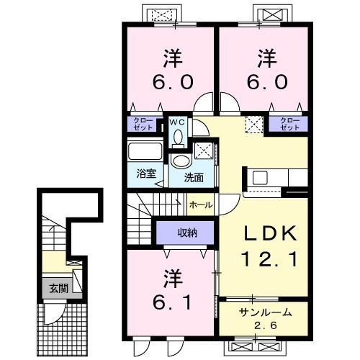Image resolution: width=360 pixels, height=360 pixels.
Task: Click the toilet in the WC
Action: coord(178,139)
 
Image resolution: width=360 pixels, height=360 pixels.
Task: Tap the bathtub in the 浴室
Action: coord(145,151)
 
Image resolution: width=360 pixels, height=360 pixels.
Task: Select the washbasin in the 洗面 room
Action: coord(181,161)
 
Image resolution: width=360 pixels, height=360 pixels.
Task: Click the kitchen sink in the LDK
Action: coord(260,178)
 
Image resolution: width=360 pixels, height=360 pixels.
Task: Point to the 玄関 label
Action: coord(59,288)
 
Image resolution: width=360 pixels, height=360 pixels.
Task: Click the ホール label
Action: coord(201,205)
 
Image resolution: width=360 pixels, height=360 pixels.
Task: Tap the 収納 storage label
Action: coord(187,233)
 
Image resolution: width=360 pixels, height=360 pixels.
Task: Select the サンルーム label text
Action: coord(266,312)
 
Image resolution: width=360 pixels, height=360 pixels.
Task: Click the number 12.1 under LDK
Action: coord(271,259)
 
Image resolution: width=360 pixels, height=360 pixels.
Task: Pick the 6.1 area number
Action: coord(172,302)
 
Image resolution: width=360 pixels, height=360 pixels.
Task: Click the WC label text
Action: coord(177,122)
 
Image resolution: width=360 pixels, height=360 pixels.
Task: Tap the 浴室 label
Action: coord(146,174)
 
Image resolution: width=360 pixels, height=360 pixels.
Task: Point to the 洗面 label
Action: coord(194,178)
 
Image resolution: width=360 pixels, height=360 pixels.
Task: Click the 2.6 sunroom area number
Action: coord(266,325)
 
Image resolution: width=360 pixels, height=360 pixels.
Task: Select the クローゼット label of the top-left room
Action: coord(143,124)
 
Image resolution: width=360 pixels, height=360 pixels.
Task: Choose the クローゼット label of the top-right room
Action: coord(290,124)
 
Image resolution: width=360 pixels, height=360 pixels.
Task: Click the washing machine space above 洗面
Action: coord(204,150)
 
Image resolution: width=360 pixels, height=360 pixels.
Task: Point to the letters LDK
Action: coord(271,233)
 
